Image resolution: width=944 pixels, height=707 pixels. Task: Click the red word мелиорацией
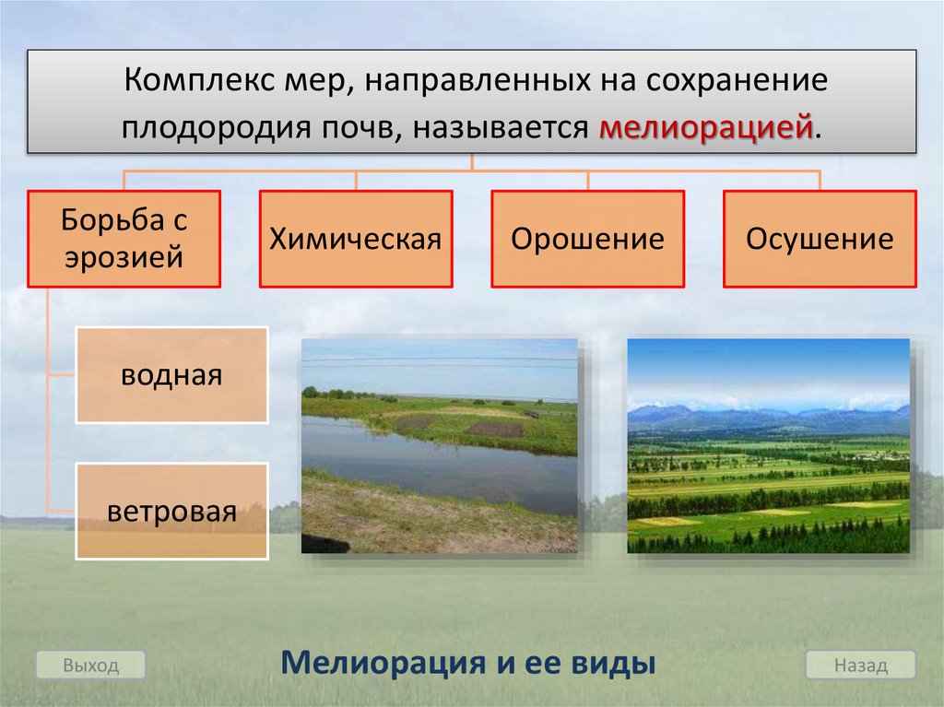click(705, 128)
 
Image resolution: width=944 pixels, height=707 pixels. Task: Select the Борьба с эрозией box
click(124, 239)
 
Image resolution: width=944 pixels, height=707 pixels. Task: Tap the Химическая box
click(356, 239)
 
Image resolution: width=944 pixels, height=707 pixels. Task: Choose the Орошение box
click(587, 239)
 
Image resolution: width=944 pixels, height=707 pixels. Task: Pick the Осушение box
click(820, 239)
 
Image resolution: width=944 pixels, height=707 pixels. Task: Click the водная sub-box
click(171, 375)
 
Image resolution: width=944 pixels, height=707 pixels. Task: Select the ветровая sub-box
click(171, 512)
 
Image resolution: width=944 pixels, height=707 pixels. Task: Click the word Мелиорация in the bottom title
click(383, 663)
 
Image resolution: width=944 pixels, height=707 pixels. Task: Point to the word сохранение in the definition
click(737, 81)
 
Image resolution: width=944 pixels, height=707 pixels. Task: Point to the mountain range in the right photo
click(768, 417)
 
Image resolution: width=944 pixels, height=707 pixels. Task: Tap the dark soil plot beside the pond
click(495, 429)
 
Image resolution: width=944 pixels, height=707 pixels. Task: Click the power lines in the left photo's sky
click(440, 362)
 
